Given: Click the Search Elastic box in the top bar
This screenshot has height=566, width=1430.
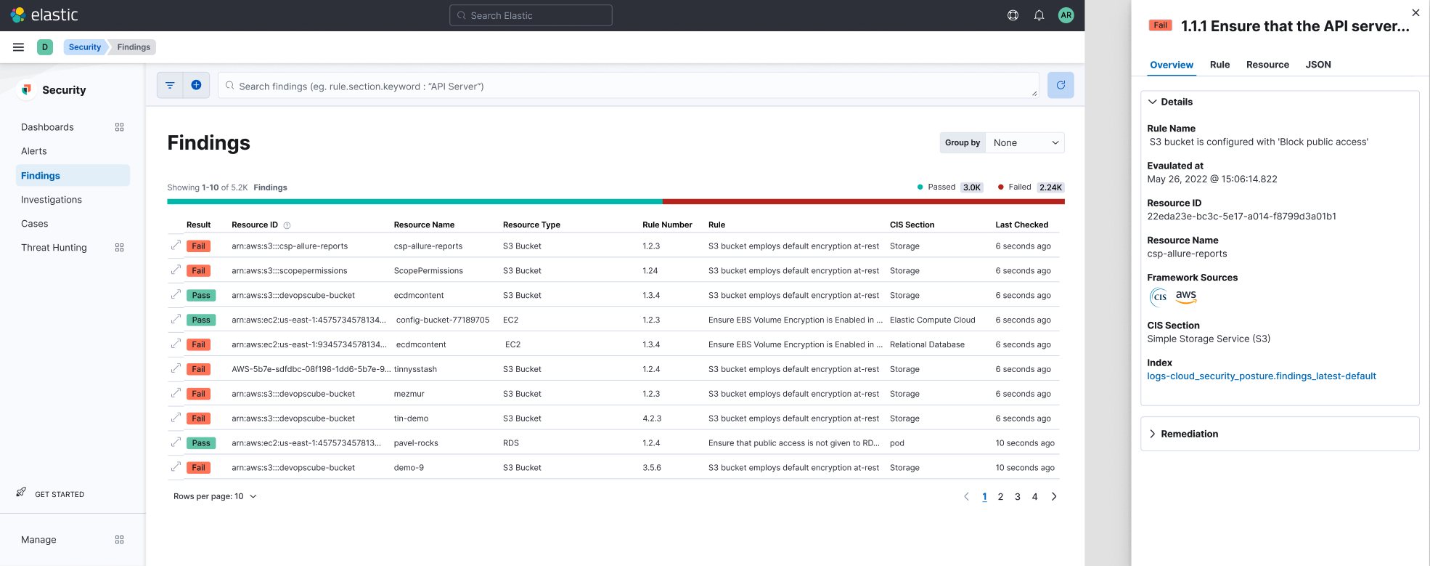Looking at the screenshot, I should [531, 15].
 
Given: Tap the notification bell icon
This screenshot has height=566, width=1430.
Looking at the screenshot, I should [1039, 15].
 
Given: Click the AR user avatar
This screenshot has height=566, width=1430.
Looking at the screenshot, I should [1066, 15].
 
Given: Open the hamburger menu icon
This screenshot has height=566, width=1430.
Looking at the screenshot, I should [19, 47].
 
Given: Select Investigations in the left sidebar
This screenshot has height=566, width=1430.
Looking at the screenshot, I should [52, 200].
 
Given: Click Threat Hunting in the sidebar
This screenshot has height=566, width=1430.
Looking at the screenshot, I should [54, 248].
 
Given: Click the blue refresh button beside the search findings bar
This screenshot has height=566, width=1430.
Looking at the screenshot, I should [1061, 85].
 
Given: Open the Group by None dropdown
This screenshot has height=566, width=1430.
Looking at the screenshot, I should [1024, 143].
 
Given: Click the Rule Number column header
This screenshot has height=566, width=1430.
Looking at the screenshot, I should [667, 225].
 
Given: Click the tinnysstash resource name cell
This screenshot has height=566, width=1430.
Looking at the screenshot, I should [415, 369].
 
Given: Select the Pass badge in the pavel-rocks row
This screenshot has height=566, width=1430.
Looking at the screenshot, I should [201, 443].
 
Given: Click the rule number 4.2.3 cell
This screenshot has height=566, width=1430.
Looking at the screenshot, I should [652, 419].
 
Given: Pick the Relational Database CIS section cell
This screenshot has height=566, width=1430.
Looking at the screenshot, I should [927, 344].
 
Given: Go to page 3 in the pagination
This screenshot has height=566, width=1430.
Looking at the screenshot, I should [1018, 497].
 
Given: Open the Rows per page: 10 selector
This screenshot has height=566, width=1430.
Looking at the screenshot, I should [215, 497].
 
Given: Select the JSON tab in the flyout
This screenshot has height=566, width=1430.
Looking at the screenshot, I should [1317, 65].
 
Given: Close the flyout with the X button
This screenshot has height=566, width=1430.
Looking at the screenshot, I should [1415, 12].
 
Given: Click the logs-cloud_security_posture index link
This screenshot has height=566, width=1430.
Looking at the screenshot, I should [1261, 376].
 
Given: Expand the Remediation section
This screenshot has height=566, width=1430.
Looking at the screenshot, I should [1189, 434].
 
